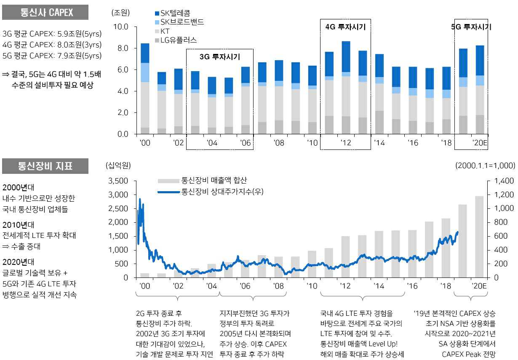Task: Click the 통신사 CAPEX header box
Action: pyautogui.click(x=45, y=12)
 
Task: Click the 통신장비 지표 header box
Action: pyautogui.click(x=45, y=166)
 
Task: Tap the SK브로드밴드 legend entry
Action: pyautogui.click(x=179, y=22)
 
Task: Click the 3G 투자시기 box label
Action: pyautogui.click(x=219, y=56)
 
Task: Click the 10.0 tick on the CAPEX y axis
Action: pyautogui.click(x=122, y=27)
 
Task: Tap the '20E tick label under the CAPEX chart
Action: pyautogui.click(x=479, y=143)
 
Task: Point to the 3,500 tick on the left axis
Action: pyautogui.click(x=118, y=181)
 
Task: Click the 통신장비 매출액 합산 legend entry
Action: pyautogui.click(x=202, y=181)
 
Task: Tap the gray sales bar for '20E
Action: pyautogui.click(x=479, y=237)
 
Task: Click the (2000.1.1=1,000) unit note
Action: pyautogui.click(x=485, y=165)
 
